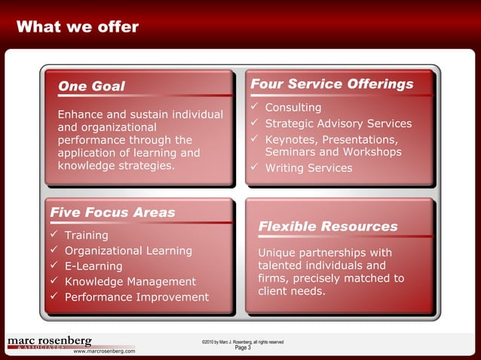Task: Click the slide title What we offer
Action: pyautogui.click(x=77, y=28)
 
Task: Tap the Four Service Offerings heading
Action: pyautogui.click(x=332, y=84)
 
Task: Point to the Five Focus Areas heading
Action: pyautogui.click(x=112, y=212)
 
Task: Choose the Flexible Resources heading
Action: pyautogui.click(x=328, y=226)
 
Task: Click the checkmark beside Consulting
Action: pyautogui.click(x=255, y=108)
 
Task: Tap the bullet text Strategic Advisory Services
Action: pyautogui.click(x=339, y=124)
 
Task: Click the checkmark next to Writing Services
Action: pyautogui.click(x=255, y=167)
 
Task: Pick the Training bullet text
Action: pyautogui.click(x=87, y=236)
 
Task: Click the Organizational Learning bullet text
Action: pyautogui.click(x=128, y=251)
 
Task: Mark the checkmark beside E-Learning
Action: pyautogui.click(x=54, y=266)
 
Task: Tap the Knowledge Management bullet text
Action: pyautogui.click(x=130, y=282)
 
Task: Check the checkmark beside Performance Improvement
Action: pyautogui.click(x=54, y=297)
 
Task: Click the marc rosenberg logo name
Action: pyautogui.click(x=50, y=341)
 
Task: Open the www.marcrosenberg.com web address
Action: pyautogui.click(x=104, y=351)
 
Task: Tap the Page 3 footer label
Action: pyautogui.click(x=243, y=348)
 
